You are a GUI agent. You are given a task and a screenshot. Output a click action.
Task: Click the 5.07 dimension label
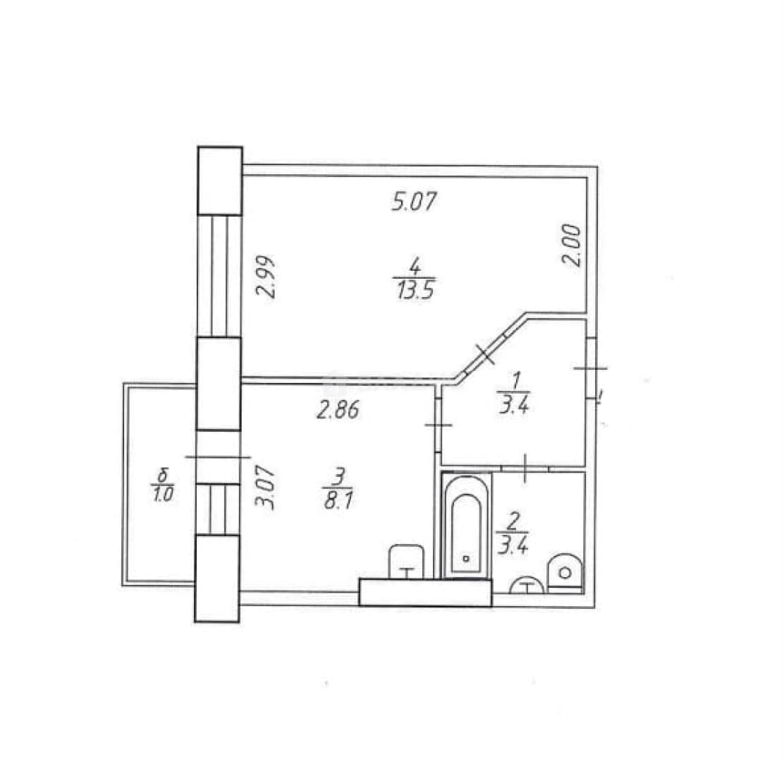414,201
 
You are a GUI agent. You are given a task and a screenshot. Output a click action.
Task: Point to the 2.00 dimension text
572,246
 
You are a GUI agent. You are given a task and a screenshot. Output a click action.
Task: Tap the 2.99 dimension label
266,277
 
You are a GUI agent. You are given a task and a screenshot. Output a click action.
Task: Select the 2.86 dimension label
338,410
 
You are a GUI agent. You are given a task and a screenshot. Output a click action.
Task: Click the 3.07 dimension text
265,487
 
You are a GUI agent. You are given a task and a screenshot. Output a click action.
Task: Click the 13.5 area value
415,290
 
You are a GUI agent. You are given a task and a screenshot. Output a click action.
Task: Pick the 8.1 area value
338,500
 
